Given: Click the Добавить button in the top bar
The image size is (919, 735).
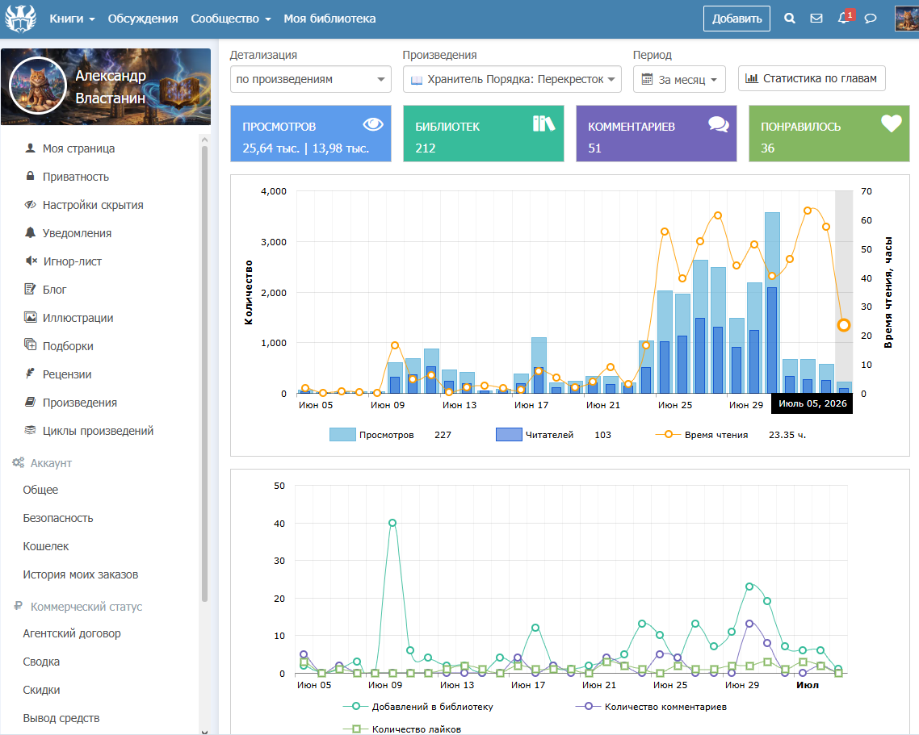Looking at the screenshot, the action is coord(736,19).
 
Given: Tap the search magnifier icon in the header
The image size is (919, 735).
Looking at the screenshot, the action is coord(790,19).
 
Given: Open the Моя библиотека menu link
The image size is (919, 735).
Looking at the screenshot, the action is coord(329,19).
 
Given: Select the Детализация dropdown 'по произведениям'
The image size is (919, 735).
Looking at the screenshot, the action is coord(311,79).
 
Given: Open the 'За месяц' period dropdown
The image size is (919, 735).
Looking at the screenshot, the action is coord(679,79).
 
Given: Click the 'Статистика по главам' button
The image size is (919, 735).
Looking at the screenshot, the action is coord(812,78).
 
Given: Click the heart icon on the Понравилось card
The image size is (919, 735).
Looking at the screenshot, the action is coord(892,123).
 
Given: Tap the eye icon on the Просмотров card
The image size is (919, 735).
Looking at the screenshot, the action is coord(373,124).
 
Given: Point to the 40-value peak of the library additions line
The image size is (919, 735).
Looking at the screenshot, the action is coord(392,523).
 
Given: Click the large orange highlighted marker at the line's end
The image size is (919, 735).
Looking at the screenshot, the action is coord(843,325).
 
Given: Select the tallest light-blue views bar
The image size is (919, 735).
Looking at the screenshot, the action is coord(772,303).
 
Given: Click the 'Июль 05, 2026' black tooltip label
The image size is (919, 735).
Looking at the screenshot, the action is coord(812,403).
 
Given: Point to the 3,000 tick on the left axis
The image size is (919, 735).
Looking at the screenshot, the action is coord(274,242).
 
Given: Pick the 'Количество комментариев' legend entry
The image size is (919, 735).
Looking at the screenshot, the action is coord(652,707).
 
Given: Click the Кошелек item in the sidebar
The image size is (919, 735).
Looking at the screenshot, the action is coord(46,546).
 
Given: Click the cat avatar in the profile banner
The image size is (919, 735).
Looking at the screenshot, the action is coord(38,86).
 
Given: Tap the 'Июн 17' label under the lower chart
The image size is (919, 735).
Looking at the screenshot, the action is coord(528,685).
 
